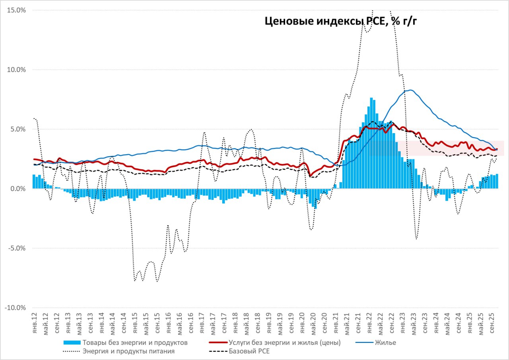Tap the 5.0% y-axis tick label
(18, 129)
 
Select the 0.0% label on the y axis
(18, 189)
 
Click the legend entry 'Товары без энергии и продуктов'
(134, 342)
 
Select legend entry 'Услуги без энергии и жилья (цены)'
(284, 342)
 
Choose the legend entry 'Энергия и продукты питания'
(128, 351)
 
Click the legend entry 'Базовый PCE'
(249, 351)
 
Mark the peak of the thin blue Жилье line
(410, 90)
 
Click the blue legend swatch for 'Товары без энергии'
(72, 342)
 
